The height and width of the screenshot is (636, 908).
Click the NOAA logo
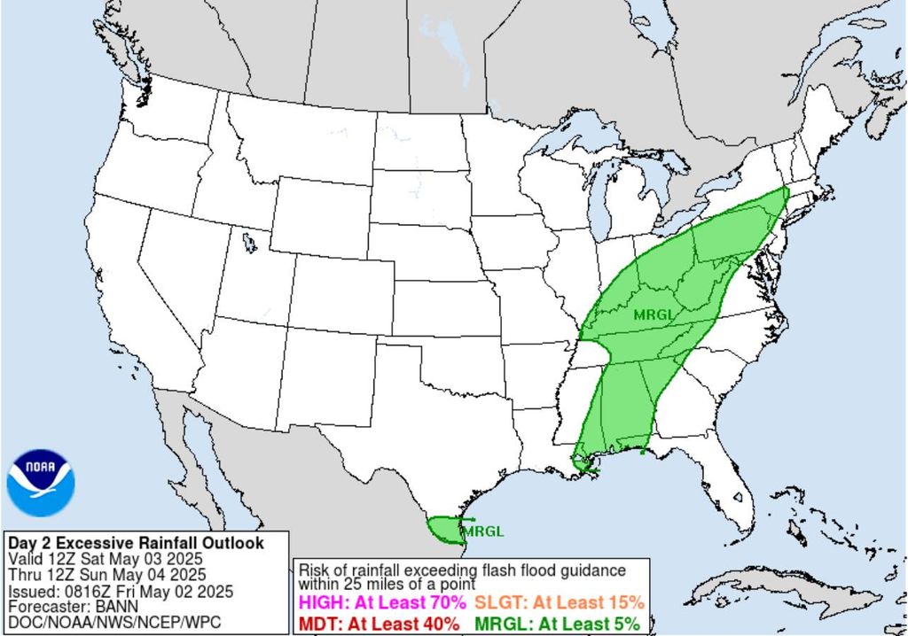(41, 483)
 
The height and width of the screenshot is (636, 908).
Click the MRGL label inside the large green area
(653, 314)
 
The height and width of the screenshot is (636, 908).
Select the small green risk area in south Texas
(442, 529)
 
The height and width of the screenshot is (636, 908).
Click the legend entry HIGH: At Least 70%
(383, 602)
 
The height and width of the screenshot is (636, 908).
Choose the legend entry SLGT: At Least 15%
(559, 602)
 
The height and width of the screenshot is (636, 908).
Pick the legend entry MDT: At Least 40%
(380, 623)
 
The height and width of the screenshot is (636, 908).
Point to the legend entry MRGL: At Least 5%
(557, 623)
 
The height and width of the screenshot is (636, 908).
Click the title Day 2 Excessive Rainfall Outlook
(135, 543)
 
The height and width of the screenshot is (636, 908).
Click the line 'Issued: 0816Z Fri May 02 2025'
(120, 591)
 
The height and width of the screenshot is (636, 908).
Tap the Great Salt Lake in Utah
(247, 242)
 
